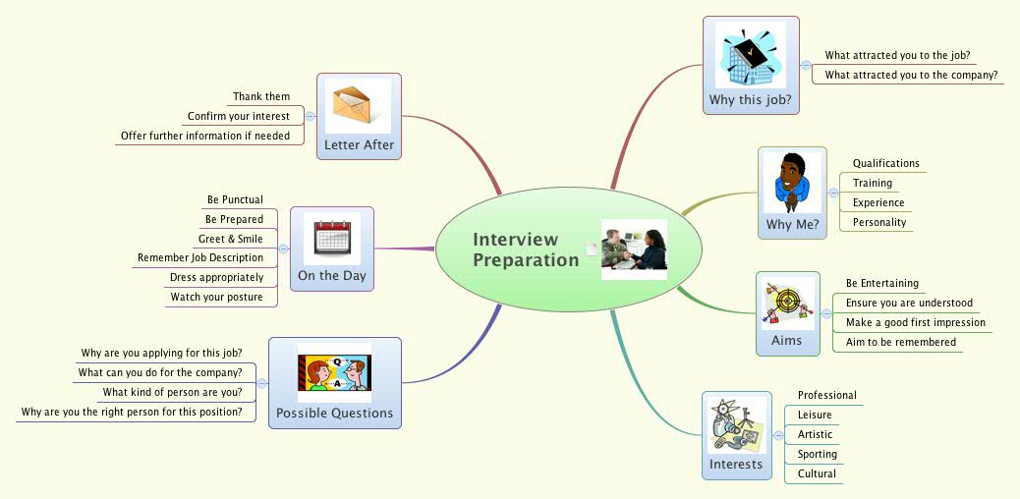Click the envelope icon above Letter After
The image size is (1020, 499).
coord(358,106)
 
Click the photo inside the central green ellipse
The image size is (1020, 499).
coord(634,249)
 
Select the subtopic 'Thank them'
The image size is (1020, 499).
coord(260,96)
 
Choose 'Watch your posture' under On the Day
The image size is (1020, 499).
coord(216,297)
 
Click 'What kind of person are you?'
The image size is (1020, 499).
coord(172,392)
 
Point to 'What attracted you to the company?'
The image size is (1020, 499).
coord(911,75)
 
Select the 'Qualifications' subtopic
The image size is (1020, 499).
coord(885,163)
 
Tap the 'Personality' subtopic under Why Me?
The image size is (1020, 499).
coord(878,222)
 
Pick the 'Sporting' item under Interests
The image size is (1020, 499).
coord(817,454)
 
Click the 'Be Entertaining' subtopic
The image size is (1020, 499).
coord(881,283)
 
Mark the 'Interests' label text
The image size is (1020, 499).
coord(735,464)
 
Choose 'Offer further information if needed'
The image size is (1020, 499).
coord(205,136)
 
